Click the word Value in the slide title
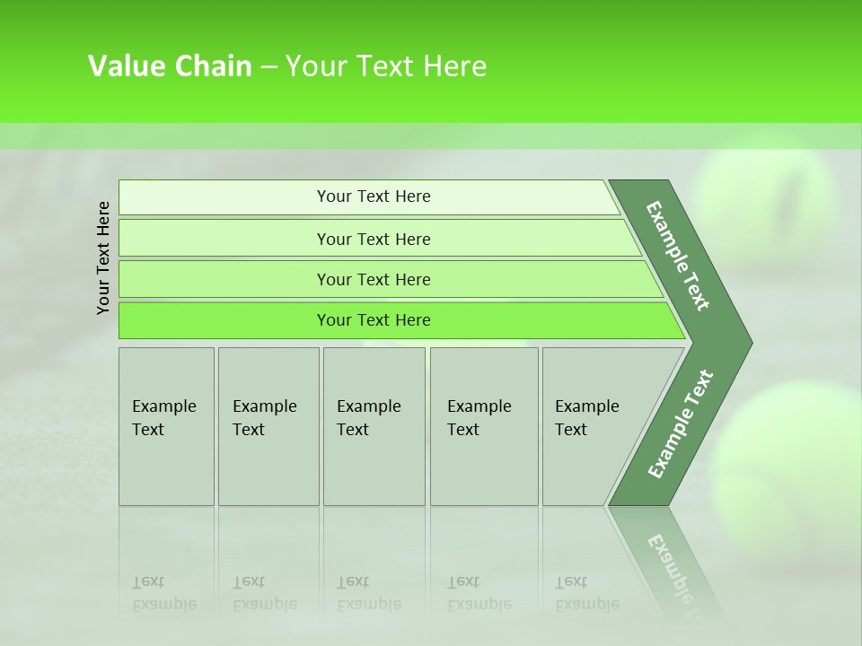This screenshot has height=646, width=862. (126, 66)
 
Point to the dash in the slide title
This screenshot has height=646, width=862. (268, 67)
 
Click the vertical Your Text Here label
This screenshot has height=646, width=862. (103, 258)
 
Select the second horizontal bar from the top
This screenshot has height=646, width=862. (374, 239)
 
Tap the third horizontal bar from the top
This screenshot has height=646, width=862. (374, 279)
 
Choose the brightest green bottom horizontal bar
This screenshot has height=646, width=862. (374, 320)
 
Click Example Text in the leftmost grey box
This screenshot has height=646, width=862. (163, 418)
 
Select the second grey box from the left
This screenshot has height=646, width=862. (268, 426)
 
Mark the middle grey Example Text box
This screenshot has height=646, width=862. (374, 426)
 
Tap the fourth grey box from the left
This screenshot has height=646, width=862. (483, 426)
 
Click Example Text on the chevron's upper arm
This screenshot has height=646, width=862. (678, 256)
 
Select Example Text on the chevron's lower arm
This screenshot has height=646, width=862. (680, 424)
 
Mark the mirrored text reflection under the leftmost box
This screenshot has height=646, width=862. (163, 593)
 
